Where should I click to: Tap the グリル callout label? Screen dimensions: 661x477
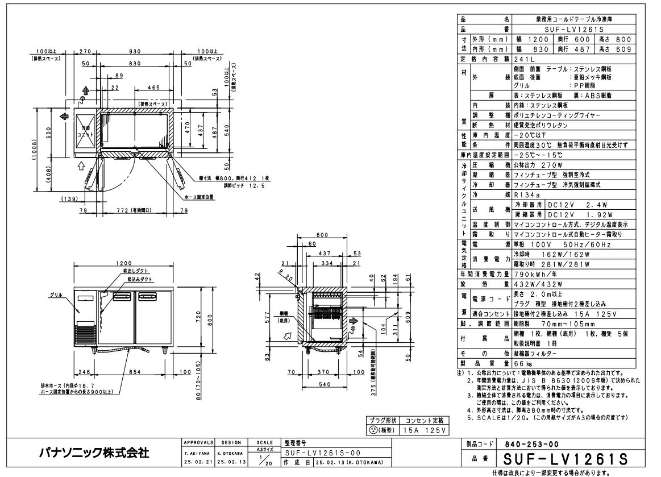(56, 295)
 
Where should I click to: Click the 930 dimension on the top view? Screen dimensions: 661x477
(135, 51)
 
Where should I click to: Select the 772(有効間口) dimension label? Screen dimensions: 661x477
(135, 210)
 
